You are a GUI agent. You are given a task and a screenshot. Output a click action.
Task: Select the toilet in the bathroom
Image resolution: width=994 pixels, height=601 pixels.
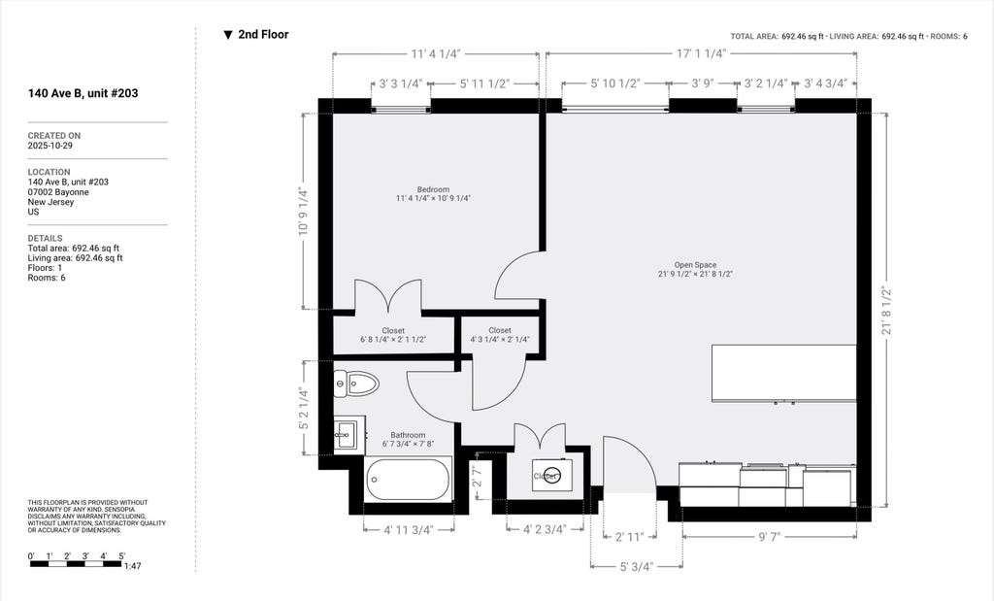point(355,383)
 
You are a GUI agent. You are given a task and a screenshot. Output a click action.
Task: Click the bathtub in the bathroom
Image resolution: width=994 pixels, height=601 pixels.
point(408,480)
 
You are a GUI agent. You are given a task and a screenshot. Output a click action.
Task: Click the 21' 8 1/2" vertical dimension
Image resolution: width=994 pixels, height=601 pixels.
point(886,311)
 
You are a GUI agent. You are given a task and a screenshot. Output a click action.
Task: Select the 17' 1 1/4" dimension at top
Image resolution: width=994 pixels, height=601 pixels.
point(701,54)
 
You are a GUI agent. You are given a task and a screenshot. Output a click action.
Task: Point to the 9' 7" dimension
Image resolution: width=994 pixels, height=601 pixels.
point(769,537)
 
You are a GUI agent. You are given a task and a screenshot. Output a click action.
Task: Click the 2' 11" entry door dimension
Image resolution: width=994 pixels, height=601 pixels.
point(629,537)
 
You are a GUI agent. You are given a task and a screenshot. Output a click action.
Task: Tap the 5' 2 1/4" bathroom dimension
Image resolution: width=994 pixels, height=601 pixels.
point(305,409)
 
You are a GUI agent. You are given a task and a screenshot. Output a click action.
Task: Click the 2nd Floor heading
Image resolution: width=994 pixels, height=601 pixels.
point(263,35)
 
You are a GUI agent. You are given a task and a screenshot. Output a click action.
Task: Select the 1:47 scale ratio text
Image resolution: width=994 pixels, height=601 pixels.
point(132,565)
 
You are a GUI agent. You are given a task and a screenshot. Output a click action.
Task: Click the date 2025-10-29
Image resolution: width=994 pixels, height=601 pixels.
point(50,146)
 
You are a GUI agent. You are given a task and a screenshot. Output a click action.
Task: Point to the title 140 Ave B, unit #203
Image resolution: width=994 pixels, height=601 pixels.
point(83,93)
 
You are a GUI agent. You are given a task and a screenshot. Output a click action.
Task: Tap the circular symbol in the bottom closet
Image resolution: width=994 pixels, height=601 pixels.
point(551,476)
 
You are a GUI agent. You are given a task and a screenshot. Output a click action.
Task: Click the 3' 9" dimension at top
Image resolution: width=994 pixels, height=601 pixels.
point(704,83)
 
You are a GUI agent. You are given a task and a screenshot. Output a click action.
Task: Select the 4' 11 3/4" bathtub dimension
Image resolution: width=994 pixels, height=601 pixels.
point(409,530)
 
